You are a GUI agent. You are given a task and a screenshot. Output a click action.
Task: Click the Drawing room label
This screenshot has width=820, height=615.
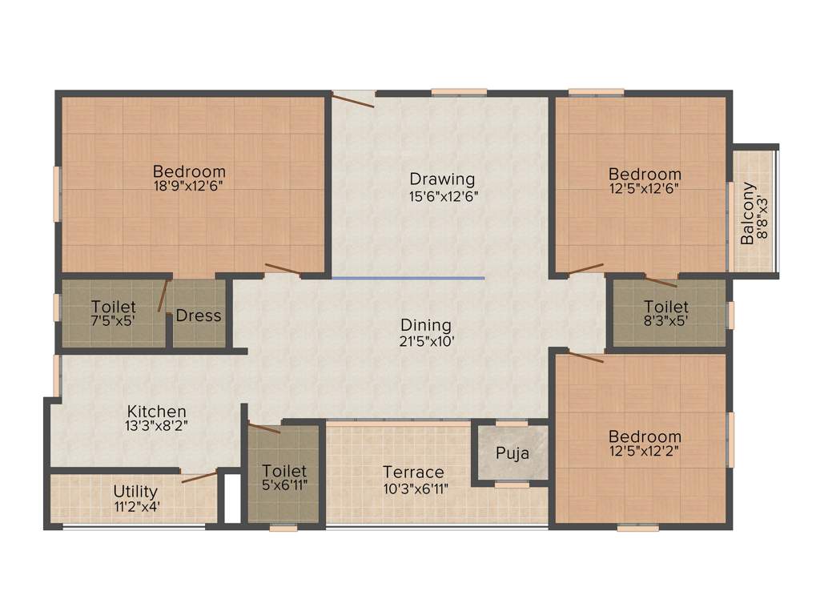(442, 179)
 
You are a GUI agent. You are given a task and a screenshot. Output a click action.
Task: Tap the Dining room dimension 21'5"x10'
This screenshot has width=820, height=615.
(426, 341)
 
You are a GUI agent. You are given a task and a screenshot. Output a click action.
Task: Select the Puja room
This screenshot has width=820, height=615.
(512, 452)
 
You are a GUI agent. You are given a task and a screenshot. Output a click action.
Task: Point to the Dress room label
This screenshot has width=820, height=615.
(198, 316)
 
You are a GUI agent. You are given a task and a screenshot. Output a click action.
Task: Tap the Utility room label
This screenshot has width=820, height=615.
(135, 491)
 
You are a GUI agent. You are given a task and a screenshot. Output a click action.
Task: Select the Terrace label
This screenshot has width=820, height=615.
(413, 472)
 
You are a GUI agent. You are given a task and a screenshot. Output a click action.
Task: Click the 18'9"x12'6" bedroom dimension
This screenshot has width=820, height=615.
(189, 187)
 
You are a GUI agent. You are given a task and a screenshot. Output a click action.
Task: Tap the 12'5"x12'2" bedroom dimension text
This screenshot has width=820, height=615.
(645, 452)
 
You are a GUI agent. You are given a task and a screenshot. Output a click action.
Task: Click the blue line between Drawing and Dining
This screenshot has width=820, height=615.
(408, 278)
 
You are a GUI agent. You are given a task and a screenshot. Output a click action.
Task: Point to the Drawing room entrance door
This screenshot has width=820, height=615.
(353, 100)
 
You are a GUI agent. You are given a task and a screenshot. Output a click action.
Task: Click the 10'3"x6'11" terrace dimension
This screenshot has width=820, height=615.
(413, 487)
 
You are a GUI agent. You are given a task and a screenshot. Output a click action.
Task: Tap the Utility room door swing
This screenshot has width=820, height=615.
(199, 477)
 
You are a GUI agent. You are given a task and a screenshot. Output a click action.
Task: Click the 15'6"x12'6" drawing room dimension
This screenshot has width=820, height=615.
(442, 194)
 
